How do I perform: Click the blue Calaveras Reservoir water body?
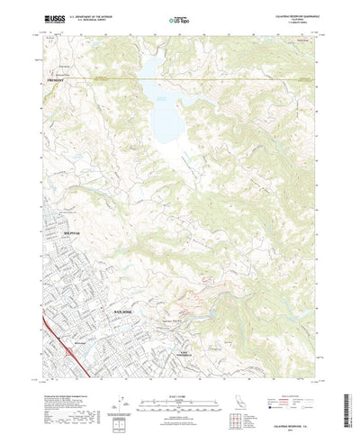167,108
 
